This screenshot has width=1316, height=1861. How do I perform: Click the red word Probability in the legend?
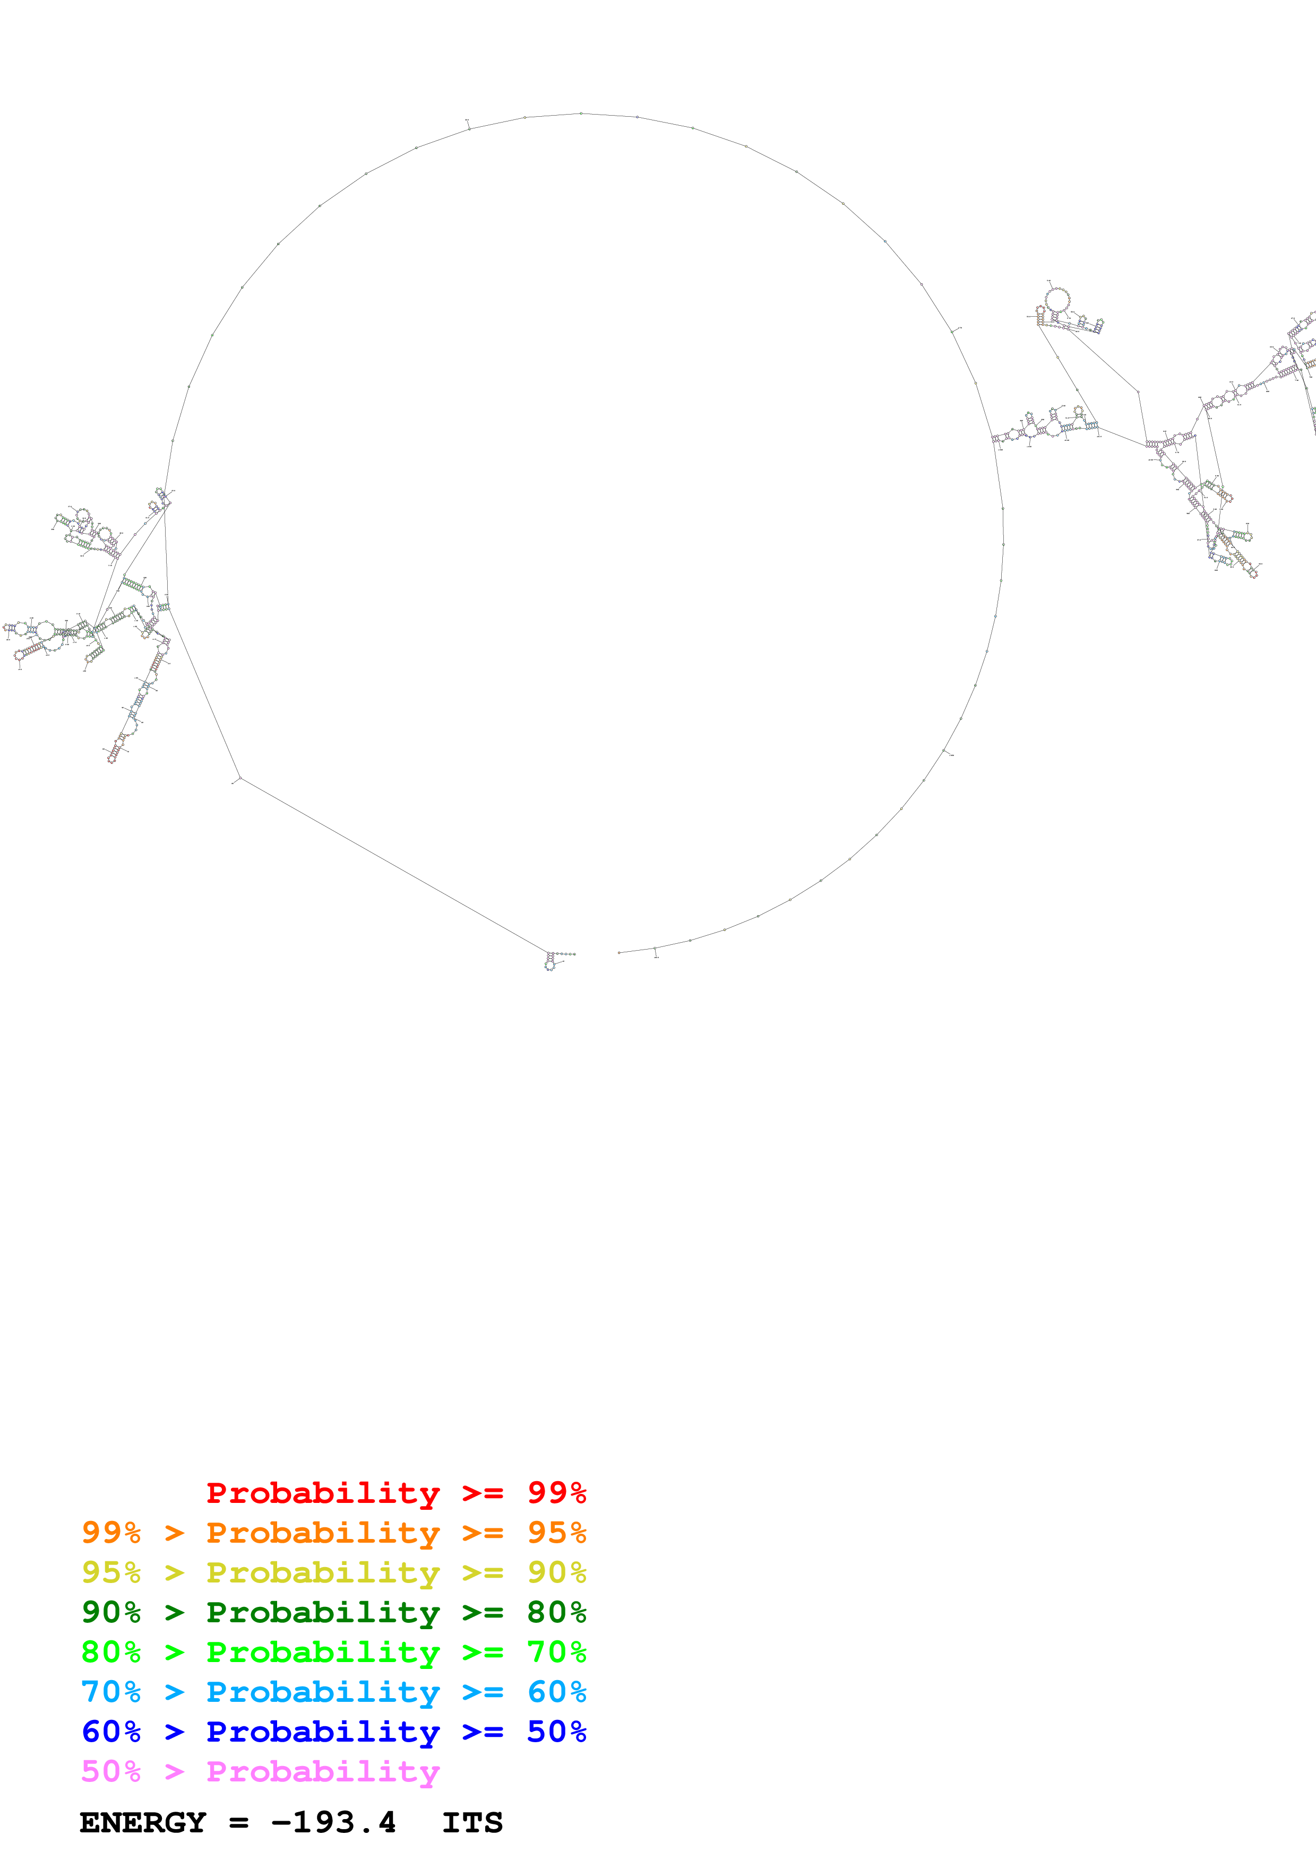click(x=323, y=1493)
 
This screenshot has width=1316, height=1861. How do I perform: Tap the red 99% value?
click(x=556, y=1493)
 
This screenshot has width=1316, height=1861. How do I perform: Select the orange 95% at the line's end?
click(x=556, y=1533)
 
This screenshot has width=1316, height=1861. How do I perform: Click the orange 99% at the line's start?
click(x=111, y=1533)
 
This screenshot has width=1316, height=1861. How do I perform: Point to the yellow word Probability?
click(x=323, y=1572)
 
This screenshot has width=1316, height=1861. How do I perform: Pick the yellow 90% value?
click(x=556, y=1572)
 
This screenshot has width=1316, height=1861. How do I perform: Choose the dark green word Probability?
click(x=323, y=1612)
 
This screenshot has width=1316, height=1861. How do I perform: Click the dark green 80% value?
click(x=556, y=1612)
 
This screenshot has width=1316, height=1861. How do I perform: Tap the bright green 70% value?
click(x=556, y=1652)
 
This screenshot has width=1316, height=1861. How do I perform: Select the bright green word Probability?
click(x=323, y=1652)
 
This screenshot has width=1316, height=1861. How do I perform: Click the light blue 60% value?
click(x=556, y=1692)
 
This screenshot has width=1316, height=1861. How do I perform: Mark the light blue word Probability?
click(x=323, y=1692)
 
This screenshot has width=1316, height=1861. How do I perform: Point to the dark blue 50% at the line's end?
click(x=556, y=1732)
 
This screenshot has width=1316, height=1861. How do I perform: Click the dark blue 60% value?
click(x=111, y=1732)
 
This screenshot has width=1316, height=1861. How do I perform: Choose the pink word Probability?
click(x=323, y=1771)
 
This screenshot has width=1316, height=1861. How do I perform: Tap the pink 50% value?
click(x=111, y=1771)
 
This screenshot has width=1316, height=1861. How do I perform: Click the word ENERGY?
click(x=143, y=1823)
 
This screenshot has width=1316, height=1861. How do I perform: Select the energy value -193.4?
click(x=333, y=1823)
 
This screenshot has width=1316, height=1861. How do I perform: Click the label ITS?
click(x=472, y=1823)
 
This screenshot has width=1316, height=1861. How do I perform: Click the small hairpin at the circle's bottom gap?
click(x=552, y=961)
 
